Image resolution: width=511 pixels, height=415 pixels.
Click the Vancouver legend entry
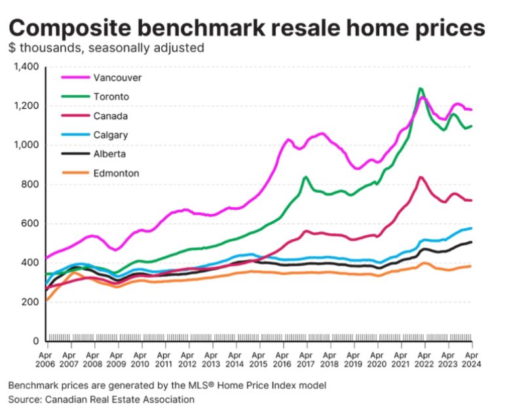pos(118,77)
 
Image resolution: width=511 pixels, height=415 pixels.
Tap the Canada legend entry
pos(111,116)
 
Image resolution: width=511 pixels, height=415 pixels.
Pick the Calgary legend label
pos(111,135)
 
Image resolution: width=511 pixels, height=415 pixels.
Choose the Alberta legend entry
pos(110,154)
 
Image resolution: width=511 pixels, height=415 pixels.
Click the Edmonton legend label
pos(117,174)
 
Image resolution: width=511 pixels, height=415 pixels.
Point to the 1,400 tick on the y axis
pos(26,67)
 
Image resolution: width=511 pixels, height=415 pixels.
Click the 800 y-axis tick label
pos(30,184)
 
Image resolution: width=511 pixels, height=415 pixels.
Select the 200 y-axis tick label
pos(30,302)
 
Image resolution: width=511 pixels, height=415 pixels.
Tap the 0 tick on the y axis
pos(37,341)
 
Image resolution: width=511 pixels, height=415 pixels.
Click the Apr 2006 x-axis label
pos(47,358)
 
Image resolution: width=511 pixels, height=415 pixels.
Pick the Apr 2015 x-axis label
pos(259,358)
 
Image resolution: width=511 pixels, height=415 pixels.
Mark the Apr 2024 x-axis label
pos(472,358)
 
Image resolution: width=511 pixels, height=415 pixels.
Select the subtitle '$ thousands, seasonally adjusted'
pos(106,48)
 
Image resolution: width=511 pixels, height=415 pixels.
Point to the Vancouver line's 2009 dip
pos(116,250)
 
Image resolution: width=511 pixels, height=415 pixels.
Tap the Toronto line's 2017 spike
pos(306,177)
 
